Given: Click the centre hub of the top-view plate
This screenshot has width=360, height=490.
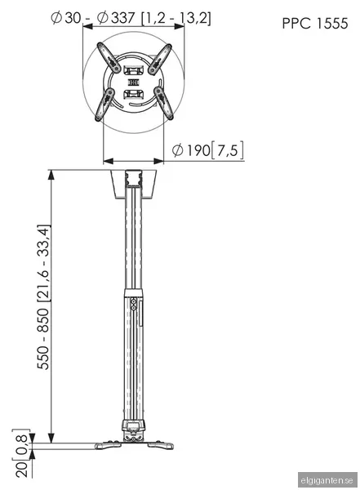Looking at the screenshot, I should [x=135, y=82].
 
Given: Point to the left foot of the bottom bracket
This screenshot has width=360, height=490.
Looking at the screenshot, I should [x=104, y=445].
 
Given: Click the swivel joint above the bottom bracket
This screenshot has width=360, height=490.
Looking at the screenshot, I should [x=133, y=426].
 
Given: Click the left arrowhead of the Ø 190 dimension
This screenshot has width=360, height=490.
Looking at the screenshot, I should [x=105, y=149].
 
